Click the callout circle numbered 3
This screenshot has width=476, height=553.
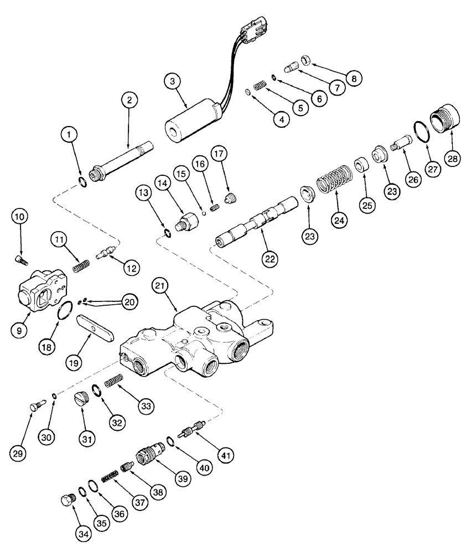coord(173,81)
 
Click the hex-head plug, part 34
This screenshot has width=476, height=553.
coord(67,500)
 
